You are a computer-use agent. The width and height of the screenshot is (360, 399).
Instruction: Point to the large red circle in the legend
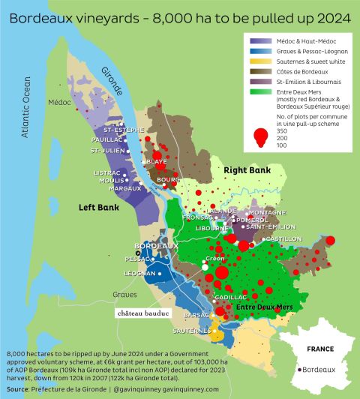[262, 136]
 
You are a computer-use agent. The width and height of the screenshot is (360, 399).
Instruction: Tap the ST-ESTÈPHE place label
[123, 130]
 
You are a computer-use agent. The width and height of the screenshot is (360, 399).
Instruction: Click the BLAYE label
[157, 161]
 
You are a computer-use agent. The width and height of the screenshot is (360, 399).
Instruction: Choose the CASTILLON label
[283, 238]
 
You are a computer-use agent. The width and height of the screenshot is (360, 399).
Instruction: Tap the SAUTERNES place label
[192, 331]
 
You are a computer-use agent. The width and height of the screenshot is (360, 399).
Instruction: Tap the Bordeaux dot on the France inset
[301, 370]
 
